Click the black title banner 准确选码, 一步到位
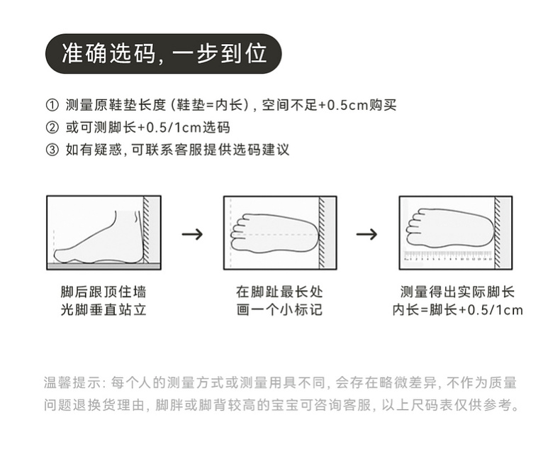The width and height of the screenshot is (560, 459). coord(163,53)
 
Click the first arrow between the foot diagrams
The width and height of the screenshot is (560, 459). coord(192,234)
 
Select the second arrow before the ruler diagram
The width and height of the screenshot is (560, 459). coord(366,234)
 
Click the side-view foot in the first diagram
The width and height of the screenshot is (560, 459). coord(99,238)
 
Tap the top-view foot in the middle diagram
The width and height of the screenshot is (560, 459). coord(273,233)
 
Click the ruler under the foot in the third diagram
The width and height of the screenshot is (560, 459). coord(448,256)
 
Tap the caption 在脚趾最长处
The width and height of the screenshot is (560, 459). coord(279,292)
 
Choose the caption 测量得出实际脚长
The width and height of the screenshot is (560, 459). coord(457,292)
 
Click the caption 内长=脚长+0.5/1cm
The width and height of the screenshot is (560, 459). coord(457,310)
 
